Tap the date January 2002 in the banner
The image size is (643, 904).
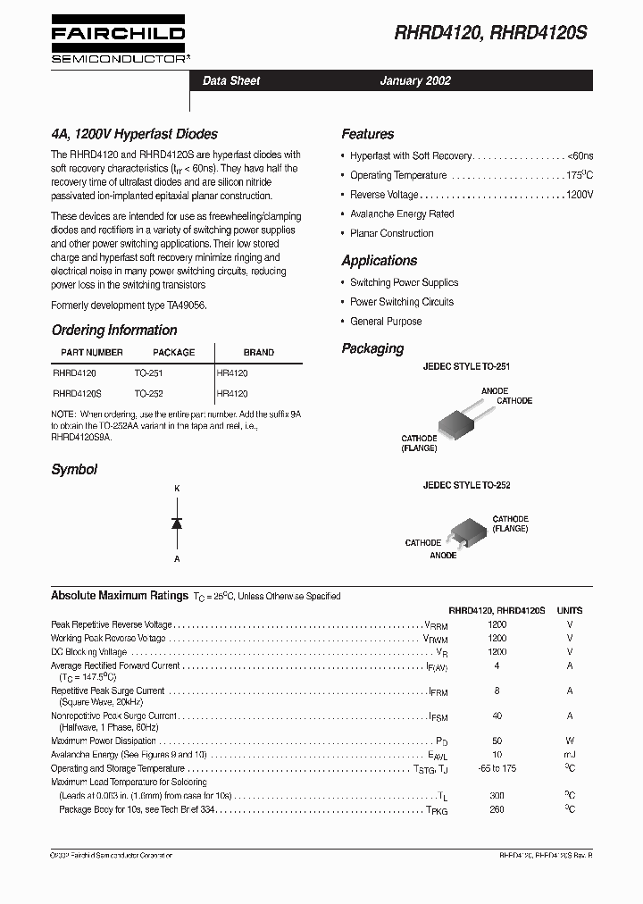tap(415, 81)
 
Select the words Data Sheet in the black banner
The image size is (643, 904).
tap(231, 81)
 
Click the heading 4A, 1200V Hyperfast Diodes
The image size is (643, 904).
tap(134, 135)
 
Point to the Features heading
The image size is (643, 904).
tap(367, 135)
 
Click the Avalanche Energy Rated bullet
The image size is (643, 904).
tap(402, 214)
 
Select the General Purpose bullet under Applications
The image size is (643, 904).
tap(386, 322)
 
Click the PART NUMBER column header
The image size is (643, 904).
tap(92, 353)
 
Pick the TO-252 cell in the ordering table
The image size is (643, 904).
tap(149, 393)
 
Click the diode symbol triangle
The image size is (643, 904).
tap(177, 523)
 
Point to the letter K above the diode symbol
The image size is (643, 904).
tap(177, 489)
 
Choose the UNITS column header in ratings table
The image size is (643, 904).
tap(570, 610)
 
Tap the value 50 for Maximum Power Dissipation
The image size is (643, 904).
tap(497, 741)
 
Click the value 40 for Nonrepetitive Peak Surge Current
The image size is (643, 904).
tap(497, 716)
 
